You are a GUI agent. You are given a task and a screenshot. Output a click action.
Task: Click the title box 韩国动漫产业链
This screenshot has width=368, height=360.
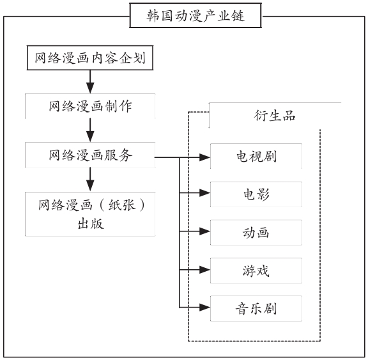[x=195, y=15]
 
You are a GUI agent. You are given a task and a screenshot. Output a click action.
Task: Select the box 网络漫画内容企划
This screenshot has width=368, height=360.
[x=90, y=58]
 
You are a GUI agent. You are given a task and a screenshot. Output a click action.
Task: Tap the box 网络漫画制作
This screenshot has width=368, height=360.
[x=90, y=106]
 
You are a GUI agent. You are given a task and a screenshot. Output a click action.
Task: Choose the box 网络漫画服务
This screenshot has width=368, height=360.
[x=90, y=155]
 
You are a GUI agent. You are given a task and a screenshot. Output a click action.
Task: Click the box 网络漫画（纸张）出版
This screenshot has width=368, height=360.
[x=90, y=214]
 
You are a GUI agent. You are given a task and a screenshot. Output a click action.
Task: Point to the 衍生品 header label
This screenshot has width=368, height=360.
[x=275, y=116]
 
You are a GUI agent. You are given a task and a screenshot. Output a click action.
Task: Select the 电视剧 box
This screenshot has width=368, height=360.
[x=256, y=156]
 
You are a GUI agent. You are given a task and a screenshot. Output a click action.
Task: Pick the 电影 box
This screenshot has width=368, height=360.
[x=256, y=194]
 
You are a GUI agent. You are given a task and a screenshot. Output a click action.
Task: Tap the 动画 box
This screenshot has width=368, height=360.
[x=256, y=233]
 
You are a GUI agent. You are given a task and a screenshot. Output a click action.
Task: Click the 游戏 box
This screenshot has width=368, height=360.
[x=256, y=270]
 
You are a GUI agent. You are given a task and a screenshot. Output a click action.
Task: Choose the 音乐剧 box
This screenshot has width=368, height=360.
[x=256, y=309]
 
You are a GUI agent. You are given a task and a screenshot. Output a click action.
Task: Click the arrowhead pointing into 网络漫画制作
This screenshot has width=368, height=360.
[x=90, y=88]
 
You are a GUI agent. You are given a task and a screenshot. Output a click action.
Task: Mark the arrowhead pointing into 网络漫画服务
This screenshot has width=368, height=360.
[x=90, y=136]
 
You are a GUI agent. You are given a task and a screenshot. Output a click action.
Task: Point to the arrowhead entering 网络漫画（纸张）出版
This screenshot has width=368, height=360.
[x=90, y=186]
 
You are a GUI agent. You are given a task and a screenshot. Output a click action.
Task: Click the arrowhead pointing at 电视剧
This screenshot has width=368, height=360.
[x=204, y=157]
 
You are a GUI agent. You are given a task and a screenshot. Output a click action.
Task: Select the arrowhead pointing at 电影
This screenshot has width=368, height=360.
[x=204, y=193]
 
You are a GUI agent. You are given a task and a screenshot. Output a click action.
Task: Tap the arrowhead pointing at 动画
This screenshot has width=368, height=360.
[x=204, y=231]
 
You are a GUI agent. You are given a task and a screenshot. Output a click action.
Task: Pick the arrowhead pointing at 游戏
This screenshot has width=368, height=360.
[x=204, y=270]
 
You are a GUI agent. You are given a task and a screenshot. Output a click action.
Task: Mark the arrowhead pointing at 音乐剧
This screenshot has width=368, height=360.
[x=204, y=307]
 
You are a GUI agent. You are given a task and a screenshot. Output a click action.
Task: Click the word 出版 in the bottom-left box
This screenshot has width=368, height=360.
[x=91, y=224]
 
